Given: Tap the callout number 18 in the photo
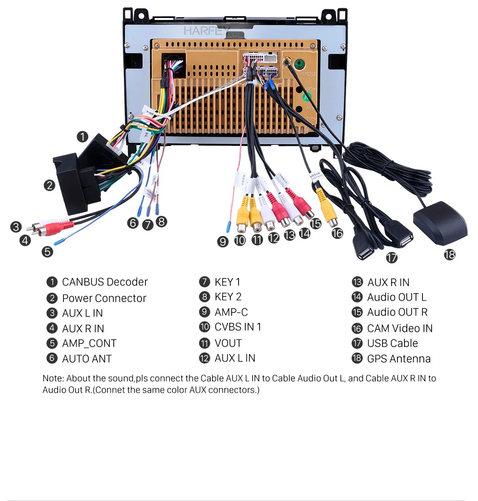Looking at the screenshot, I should [449, 254].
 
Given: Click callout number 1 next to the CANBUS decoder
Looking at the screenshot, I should [83, 137].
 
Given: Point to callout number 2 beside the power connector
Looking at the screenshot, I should [49, 185].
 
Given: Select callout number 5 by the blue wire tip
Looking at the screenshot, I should [47, 252].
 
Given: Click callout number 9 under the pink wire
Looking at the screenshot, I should [223, 241].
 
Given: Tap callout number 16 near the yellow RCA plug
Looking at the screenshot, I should [337, 233].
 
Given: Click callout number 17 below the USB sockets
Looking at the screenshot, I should [391, 258].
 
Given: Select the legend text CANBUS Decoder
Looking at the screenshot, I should [104, 282].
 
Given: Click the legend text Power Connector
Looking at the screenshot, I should [104, 298].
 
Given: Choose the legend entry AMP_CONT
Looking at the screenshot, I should [89, 343].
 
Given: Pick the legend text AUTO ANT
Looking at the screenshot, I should [86, 359].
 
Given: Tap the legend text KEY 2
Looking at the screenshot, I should [228, 297].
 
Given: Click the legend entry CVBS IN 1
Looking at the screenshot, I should [238, 327].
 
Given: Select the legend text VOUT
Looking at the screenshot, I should [228, 343].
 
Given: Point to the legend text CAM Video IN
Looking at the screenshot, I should [399, 328].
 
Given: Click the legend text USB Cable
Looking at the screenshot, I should [392, 343].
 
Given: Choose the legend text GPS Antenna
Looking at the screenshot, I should [398, 359].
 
